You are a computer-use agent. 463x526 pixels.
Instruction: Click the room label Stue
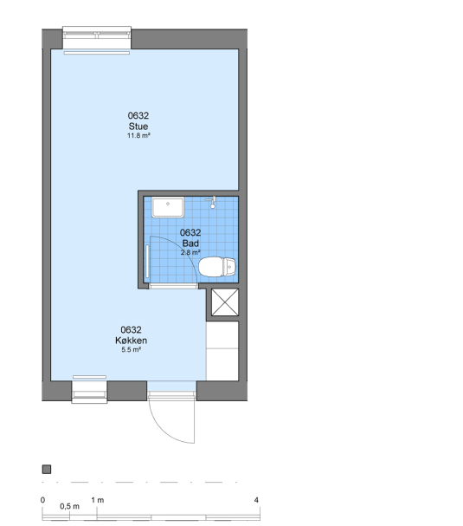138,127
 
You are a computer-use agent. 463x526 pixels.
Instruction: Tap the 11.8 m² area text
138,135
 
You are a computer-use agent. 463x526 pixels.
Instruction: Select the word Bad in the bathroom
190,244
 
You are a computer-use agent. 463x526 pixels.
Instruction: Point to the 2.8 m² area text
190,252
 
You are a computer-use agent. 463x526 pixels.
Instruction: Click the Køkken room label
131,341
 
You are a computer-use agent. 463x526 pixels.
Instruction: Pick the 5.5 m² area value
131,349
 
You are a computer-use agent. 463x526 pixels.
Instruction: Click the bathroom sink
168,207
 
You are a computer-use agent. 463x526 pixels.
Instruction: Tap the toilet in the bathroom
217,267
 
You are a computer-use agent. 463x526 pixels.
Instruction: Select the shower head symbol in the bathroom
211,203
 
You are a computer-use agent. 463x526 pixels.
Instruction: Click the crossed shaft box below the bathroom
225,302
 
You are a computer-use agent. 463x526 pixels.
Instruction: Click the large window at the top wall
97,38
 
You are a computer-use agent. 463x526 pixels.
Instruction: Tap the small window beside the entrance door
89,392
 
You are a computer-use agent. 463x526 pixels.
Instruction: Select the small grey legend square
47,470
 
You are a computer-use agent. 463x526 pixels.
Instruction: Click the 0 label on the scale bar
42,500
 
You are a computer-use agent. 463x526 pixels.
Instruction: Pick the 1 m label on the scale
98,500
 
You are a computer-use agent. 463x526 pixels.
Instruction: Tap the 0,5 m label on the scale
70,507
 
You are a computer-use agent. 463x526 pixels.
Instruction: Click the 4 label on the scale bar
256,500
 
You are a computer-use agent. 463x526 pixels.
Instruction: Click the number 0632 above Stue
138,116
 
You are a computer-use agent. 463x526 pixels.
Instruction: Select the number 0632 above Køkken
131,330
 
